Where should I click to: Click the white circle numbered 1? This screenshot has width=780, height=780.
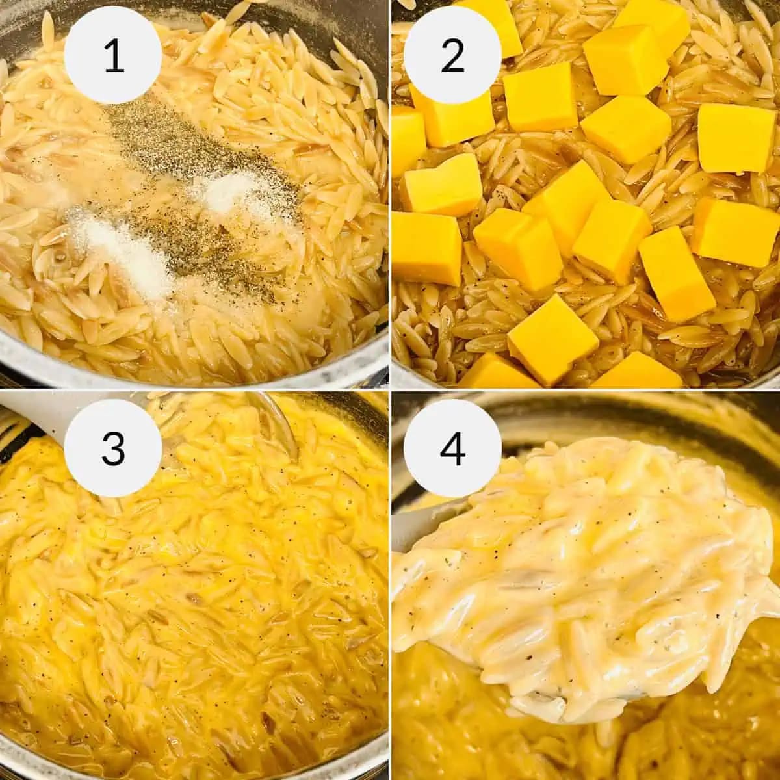tap(114, 56)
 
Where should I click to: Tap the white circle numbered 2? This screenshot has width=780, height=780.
tap(452, 56)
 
